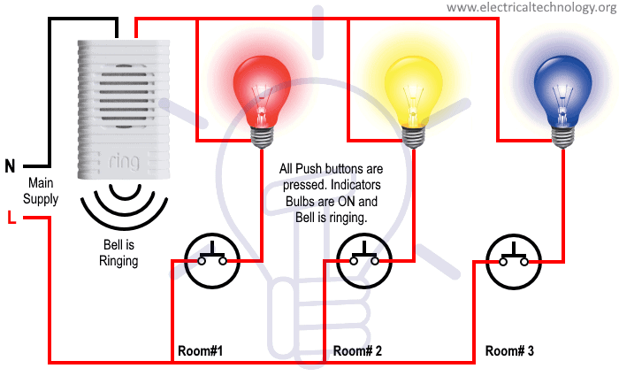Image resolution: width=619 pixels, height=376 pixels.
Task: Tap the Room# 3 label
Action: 510,351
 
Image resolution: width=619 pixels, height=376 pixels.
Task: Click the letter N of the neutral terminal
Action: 10,165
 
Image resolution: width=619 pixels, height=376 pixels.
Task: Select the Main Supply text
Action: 41,191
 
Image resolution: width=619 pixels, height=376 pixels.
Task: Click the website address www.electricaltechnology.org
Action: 531,8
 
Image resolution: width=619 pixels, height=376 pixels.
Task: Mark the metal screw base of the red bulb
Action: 262,135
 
